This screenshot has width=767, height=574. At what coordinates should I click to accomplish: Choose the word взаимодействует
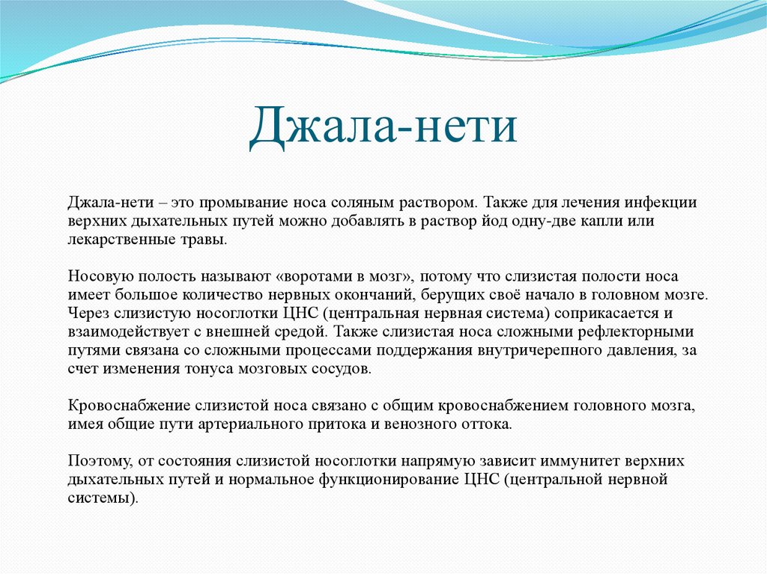pos(118,332)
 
